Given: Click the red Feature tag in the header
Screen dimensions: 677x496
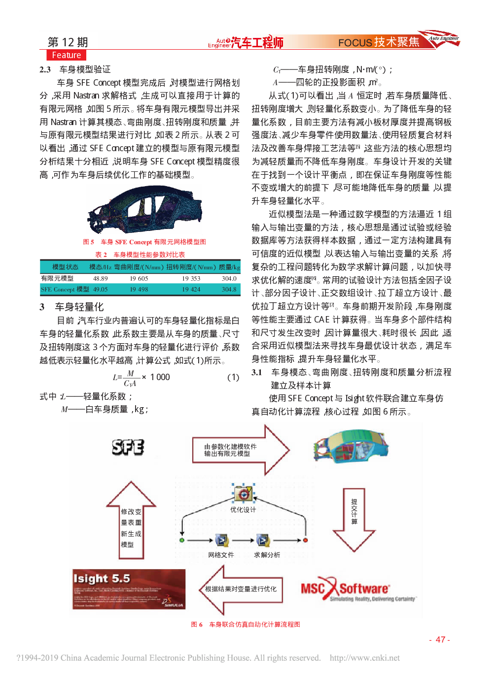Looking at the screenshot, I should pyautogui.click(x=66, y=55).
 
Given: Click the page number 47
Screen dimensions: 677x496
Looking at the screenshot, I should pyautogui.click(x=440, y=640).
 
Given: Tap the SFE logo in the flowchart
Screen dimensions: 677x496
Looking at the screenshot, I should pyautogui.click(x=128, y=447).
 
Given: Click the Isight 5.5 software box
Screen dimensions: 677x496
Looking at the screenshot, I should pyautogui.click(x=129, y=589).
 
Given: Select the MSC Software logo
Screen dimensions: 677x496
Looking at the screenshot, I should pyautogui.click(x=357, y=589).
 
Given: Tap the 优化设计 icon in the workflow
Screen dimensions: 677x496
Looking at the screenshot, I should pyautogui.click(x=243, y=494).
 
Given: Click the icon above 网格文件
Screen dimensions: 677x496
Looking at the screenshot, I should pyautogui.click(x=221, y=541).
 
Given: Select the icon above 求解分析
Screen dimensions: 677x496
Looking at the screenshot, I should pyautogui.click(x=263, y=541).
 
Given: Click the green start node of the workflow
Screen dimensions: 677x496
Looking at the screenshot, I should pyautogui.click(x=182, y=540).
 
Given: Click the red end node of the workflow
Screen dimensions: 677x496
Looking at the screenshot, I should pyautogui.click(x=305, y=540).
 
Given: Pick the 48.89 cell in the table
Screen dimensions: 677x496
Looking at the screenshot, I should pyautogui.click(x=100, y=279).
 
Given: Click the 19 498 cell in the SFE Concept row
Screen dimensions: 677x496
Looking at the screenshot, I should pyautogui.click(x=139, y=290).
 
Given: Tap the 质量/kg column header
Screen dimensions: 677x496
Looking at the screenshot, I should pyautogui.click(x=229, y=267).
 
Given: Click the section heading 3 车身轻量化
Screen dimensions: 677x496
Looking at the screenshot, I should pyautogui.click(x=72, y=307).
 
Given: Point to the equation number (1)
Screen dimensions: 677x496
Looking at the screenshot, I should pyautogui.click(x=233, y=377).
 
